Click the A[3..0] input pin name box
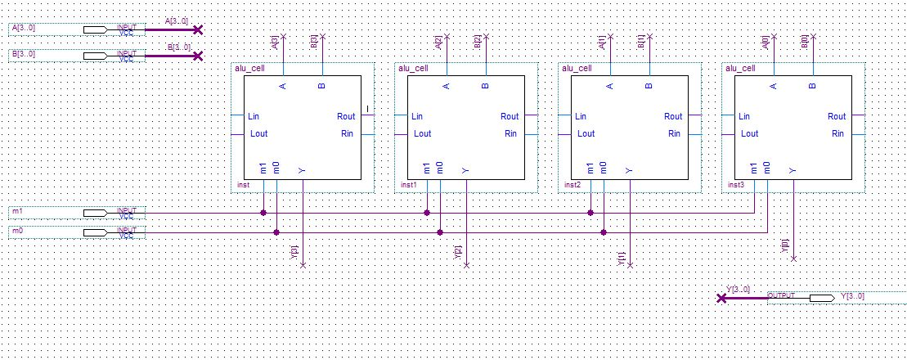click(x=34, y=29)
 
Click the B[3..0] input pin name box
click(x=34, y=55)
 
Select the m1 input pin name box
click(x=34, y=212)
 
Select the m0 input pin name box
click(x=34, y=232)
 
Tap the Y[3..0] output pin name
click(x=852, y=296)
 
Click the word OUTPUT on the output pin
click(x=782, y=295)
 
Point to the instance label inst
click(x=243, y=186)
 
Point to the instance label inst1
click(x=408, y=186)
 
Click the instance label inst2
click(x=572, y=186)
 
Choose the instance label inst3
click(x=735, y=186)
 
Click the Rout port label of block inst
click(x=346, y=117)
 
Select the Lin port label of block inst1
click(x=417, y=117)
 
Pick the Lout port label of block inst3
click(x=749, y=133)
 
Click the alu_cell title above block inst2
click(x=577, y=69)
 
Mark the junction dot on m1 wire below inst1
click(x=427, y=213)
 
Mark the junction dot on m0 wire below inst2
click(x=604, y=232)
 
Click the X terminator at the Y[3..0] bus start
click(x=721, y=299)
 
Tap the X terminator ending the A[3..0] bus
click(x=196, y=29)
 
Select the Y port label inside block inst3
click(x=793, y=170)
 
